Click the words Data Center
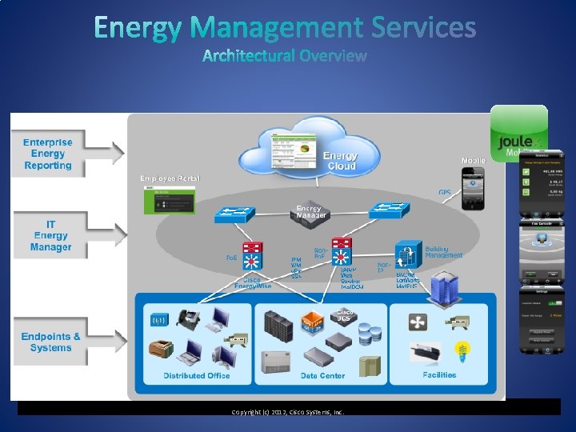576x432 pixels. (x=322, y=375)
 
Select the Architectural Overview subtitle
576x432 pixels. (x=285, y=56)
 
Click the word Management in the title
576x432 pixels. (x=278, y=28)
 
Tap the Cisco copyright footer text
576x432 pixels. (x=287, y=412)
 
